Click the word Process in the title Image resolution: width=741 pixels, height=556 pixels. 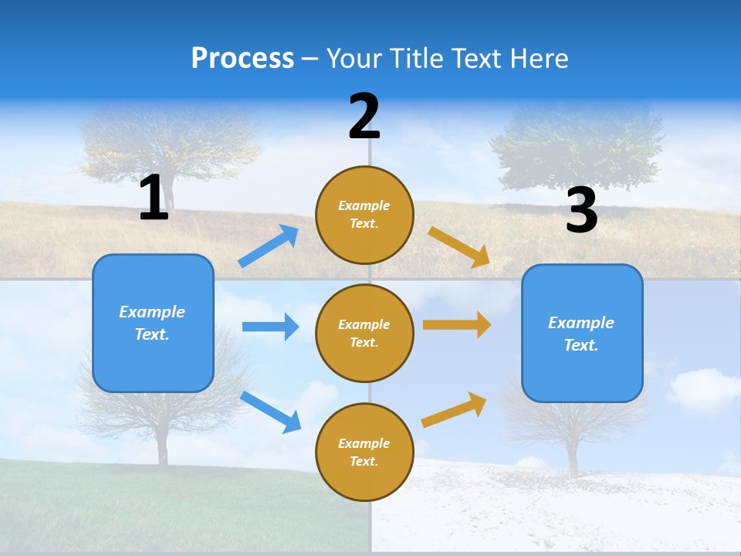(242, 58)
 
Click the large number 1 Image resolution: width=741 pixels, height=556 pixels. (154, 198)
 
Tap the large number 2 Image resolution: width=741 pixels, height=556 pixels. (364, 117)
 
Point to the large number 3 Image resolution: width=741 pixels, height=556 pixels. (581, 211)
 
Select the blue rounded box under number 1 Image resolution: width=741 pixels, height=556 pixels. (153, 323)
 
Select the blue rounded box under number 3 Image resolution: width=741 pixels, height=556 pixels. (582, 333)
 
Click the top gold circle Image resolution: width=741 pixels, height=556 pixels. (364, 215)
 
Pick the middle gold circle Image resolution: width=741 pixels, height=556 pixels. (364, 333)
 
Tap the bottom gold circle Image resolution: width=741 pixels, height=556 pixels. (364, 452)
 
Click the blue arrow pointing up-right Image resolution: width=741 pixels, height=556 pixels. (269, 246)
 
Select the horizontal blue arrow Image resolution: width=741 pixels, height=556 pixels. (270, 327)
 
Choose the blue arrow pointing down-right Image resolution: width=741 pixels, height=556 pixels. (271, 411)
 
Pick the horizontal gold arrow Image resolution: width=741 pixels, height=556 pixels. (457, 325)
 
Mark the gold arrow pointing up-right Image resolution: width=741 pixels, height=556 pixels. (455, 409)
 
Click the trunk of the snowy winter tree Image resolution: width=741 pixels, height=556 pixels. (573, 456)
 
